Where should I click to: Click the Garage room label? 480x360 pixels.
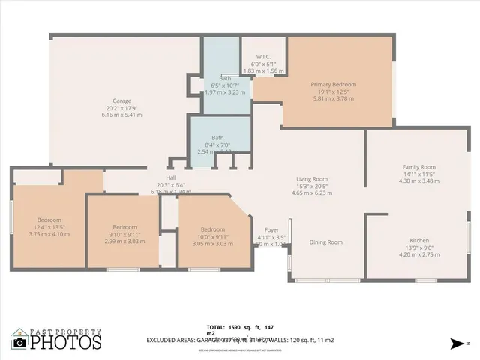click(121, 100)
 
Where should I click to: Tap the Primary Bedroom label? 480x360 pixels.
click(334, 85)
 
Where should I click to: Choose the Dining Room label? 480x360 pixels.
click(326, 242)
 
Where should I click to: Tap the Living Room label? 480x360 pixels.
click(312, 179)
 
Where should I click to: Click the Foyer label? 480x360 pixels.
click(272, 230)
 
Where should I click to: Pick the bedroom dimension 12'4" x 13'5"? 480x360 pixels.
click(49, 227)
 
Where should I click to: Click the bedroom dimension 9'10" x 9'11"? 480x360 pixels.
click(124, 234)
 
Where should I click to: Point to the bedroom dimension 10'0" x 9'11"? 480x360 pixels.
click(212, 236)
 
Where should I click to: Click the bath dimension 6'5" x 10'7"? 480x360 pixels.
click(225, 85)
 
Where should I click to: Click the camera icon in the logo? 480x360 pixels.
click(19, 342)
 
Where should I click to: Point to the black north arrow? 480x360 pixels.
click(456, 343)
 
